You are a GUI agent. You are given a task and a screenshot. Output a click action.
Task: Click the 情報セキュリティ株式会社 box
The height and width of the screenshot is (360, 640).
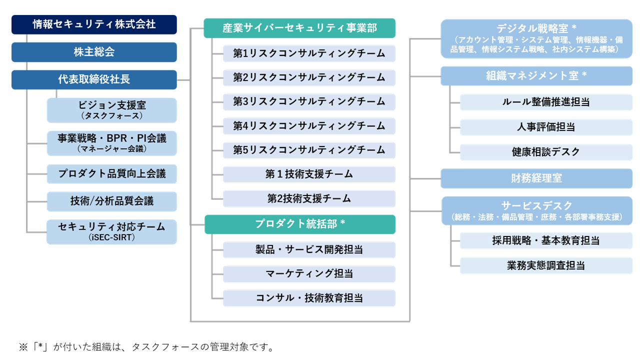tap(94, 24)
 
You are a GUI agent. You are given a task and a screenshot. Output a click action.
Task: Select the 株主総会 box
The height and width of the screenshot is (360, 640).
tap(94, 52)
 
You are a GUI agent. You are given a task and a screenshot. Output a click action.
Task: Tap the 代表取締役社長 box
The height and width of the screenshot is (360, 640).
tap(94, 79)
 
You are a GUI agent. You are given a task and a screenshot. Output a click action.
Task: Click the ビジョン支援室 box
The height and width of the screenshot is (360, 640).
tap(111, 110)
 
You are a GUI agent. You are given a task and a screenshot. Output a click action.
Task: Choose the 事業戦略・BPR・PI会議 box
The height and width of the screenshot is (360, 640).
tap(111, 143)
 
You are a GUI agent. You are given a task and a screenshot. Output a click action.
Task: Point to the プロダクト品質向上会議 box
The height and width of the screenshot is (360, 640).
tap(111, 173)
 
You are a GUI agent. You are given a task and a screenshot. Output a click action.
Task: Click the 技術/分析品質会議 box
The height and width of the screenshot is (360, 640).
tap(111, 201)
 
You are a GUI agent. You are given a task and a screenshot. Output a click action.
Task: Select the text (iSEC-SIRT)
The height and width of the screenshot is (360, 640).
tap(111, 237)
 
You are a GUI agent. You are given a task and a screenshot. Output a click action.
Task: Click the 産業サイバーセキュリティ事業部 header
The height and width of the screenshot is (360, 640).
tap(299, 28)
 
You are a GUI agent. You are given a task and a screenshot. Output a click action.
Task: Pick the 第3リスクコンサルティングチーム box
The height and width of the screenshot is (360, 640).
tap(309, 102)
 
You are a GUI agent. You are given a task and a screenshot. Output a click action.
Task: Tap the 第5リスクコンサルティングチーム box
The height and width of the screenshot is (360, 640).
tap(309, 150)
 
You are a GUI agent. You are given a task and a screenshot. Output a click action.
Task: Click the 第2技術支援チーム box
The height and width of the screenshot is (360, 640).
tap(309, 198)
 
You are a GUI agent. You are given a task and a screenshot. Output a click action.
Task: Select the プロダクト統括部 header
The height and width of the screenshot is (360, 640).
tap(300, 224)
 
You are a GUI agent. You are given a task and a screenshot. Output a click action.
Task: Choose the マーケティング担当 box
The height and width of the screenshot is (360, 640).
tap(309, 274)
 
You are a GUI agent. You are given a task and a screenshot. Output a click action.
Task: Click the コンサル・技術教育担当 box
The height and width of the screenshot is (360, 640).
tap(309, 298)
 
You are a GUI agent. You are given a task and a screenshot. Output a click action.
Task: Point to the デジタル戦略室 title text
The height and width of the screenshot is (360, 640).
tap(536, 28)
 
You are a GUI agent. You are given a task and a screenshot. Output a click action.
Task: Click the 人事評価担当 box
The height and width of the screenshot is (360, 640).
tap(546, 127)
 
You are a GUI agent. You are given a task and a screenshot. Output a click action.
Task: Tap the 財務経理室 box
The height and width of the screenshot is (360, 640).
tap(536, 178)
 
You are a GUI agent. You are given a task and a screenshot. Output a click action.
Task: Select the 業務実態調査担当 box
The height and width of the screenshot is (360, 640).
tap(546, 265)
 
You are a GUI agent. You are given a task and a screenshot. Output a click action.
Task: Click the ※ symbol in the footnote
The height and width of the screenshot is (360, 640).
tap(23, 347)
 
